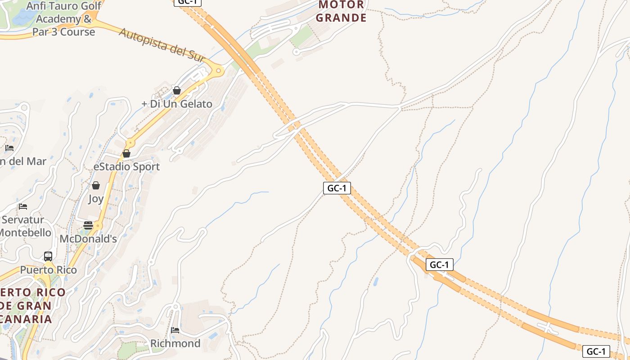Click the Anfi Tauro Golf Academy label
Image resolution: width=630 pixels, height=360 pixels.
pyautogui.click(x=63, y=19)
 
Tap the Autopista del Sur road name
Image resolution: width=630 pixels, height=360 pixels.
pyautogui.click(x=162, y=45)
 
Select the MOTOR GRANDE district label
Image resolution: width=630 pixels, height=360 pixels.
pyautogui.click(x=341, y=11)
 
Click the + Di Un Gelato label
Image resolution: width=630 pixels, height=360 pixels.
pyautogui.click(x=177, y=104)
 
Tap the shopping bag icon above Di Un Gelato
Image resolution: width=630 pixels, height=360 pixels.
pyautogui.click(x=177, y=90)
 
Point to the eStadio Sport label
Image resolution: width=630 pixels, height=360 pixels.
pyautogui.click(x=126, y=166)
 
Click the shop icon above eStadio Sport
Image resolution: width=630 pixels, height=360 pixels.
pyautogui.click(x=126, y=153)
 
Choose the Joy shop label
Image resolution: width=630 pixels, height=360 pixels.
pyautogui.click(x=96, y=198)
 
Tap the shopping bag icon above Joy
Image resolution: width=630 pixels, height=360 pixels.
pyautogui.click(x=96, y=185)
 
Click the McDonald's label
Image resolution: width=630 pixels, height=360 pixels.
pyautogui.click(x=88, y=238)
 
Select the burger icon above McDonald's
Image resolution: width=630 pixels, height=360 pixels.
pyautogui.click(x=88, y=225)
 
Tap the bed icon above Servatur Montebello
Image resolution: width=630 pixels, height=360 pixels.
pyautogui.click(x=23, y=207)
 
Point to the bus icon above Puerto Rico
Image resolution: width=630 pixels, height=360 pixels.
pyautogui.click(x=48, y=256)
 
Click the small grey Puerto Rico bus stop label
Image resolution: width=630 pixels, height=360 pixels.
pyautogui.click(x=48, y=270)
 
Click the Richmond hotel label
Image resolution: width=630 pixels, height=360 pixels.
pyautogui.click(x=175, y=343)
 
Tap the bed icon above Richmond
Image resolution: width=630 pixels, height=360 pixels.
pyautogui.click(x=175, y=330)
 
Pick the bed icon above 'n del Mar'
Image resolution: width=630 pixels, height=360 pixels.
pyautogui.click(x=9, y=148)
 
